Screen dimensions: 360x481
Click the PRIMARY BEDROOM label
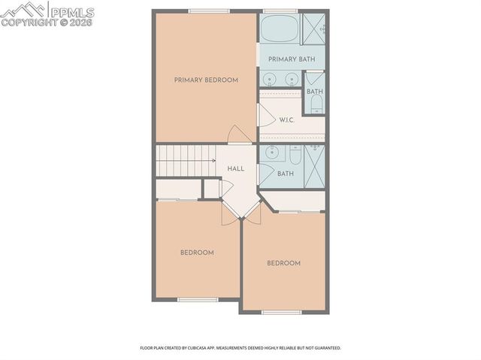pyautogui.click(x=206, y=80)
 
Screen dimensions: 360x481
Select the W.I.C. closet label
pyautogui.click(x=286, y=119)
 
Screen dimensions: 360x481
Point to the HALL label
pyautogui.click(x=235, y=169)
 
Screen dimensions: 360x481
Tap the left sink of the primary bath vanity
pyautogui.click(x=270, y=78)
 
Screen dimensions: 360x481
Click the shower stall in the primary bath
pyautogui.click(x=315, y=28)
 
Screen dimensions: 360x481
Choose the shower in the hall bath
pyautogui.click(x=315, y=165)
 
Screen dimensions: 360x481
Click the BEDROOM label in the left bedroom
pyautogui.click(x=197, y=253)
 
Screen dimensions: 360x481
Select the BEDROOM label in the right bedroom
pyautogui.click(x=284, y=263)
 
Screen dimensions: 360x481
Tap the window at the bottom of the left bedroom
pyautogui.click(x=198, y=300)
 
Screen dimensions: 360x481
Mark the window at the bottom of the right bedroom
pyautogui.click(x=282, y=312)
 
